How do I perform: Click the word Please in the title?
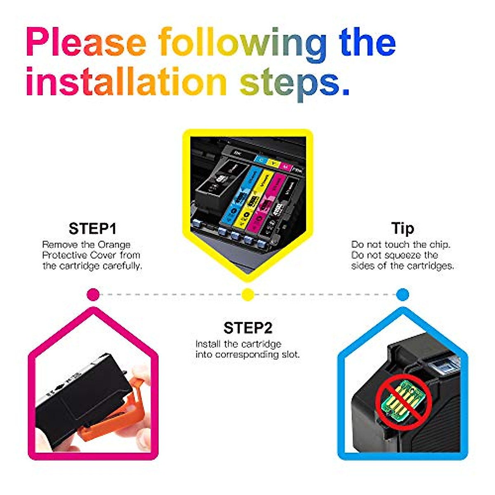tap(86, 42)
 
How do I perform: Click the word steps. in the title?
tap(295, 82)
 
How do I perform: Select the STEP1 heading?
tap(92, 229)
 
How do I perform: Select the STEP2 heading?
tap(247, 328)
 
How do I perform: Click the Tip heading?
tap(402, 228)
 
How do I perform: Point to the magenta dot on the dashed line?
tap(93, 295)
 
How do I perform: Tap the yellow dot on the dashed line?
tap(247, 295)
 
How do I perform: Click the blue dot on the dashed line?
tap(402, 295)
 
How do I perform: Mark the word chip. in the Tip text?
tap(440, 245)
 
